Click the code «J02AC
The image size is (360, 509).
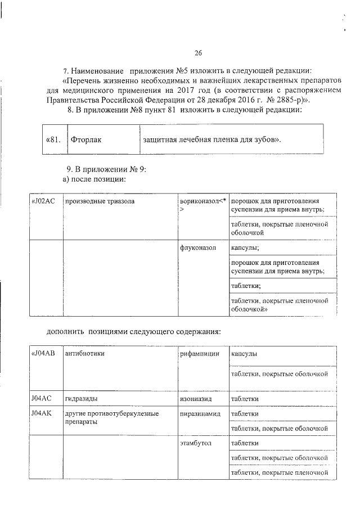coord(43,201)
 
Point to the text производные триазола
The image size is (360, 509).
coord(99,201)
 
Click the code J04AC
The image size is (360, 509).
coord(42,398)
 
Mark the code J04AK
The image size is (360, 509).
coord(42,413)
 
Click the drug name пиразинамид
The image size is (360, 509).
coord(200,413)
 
